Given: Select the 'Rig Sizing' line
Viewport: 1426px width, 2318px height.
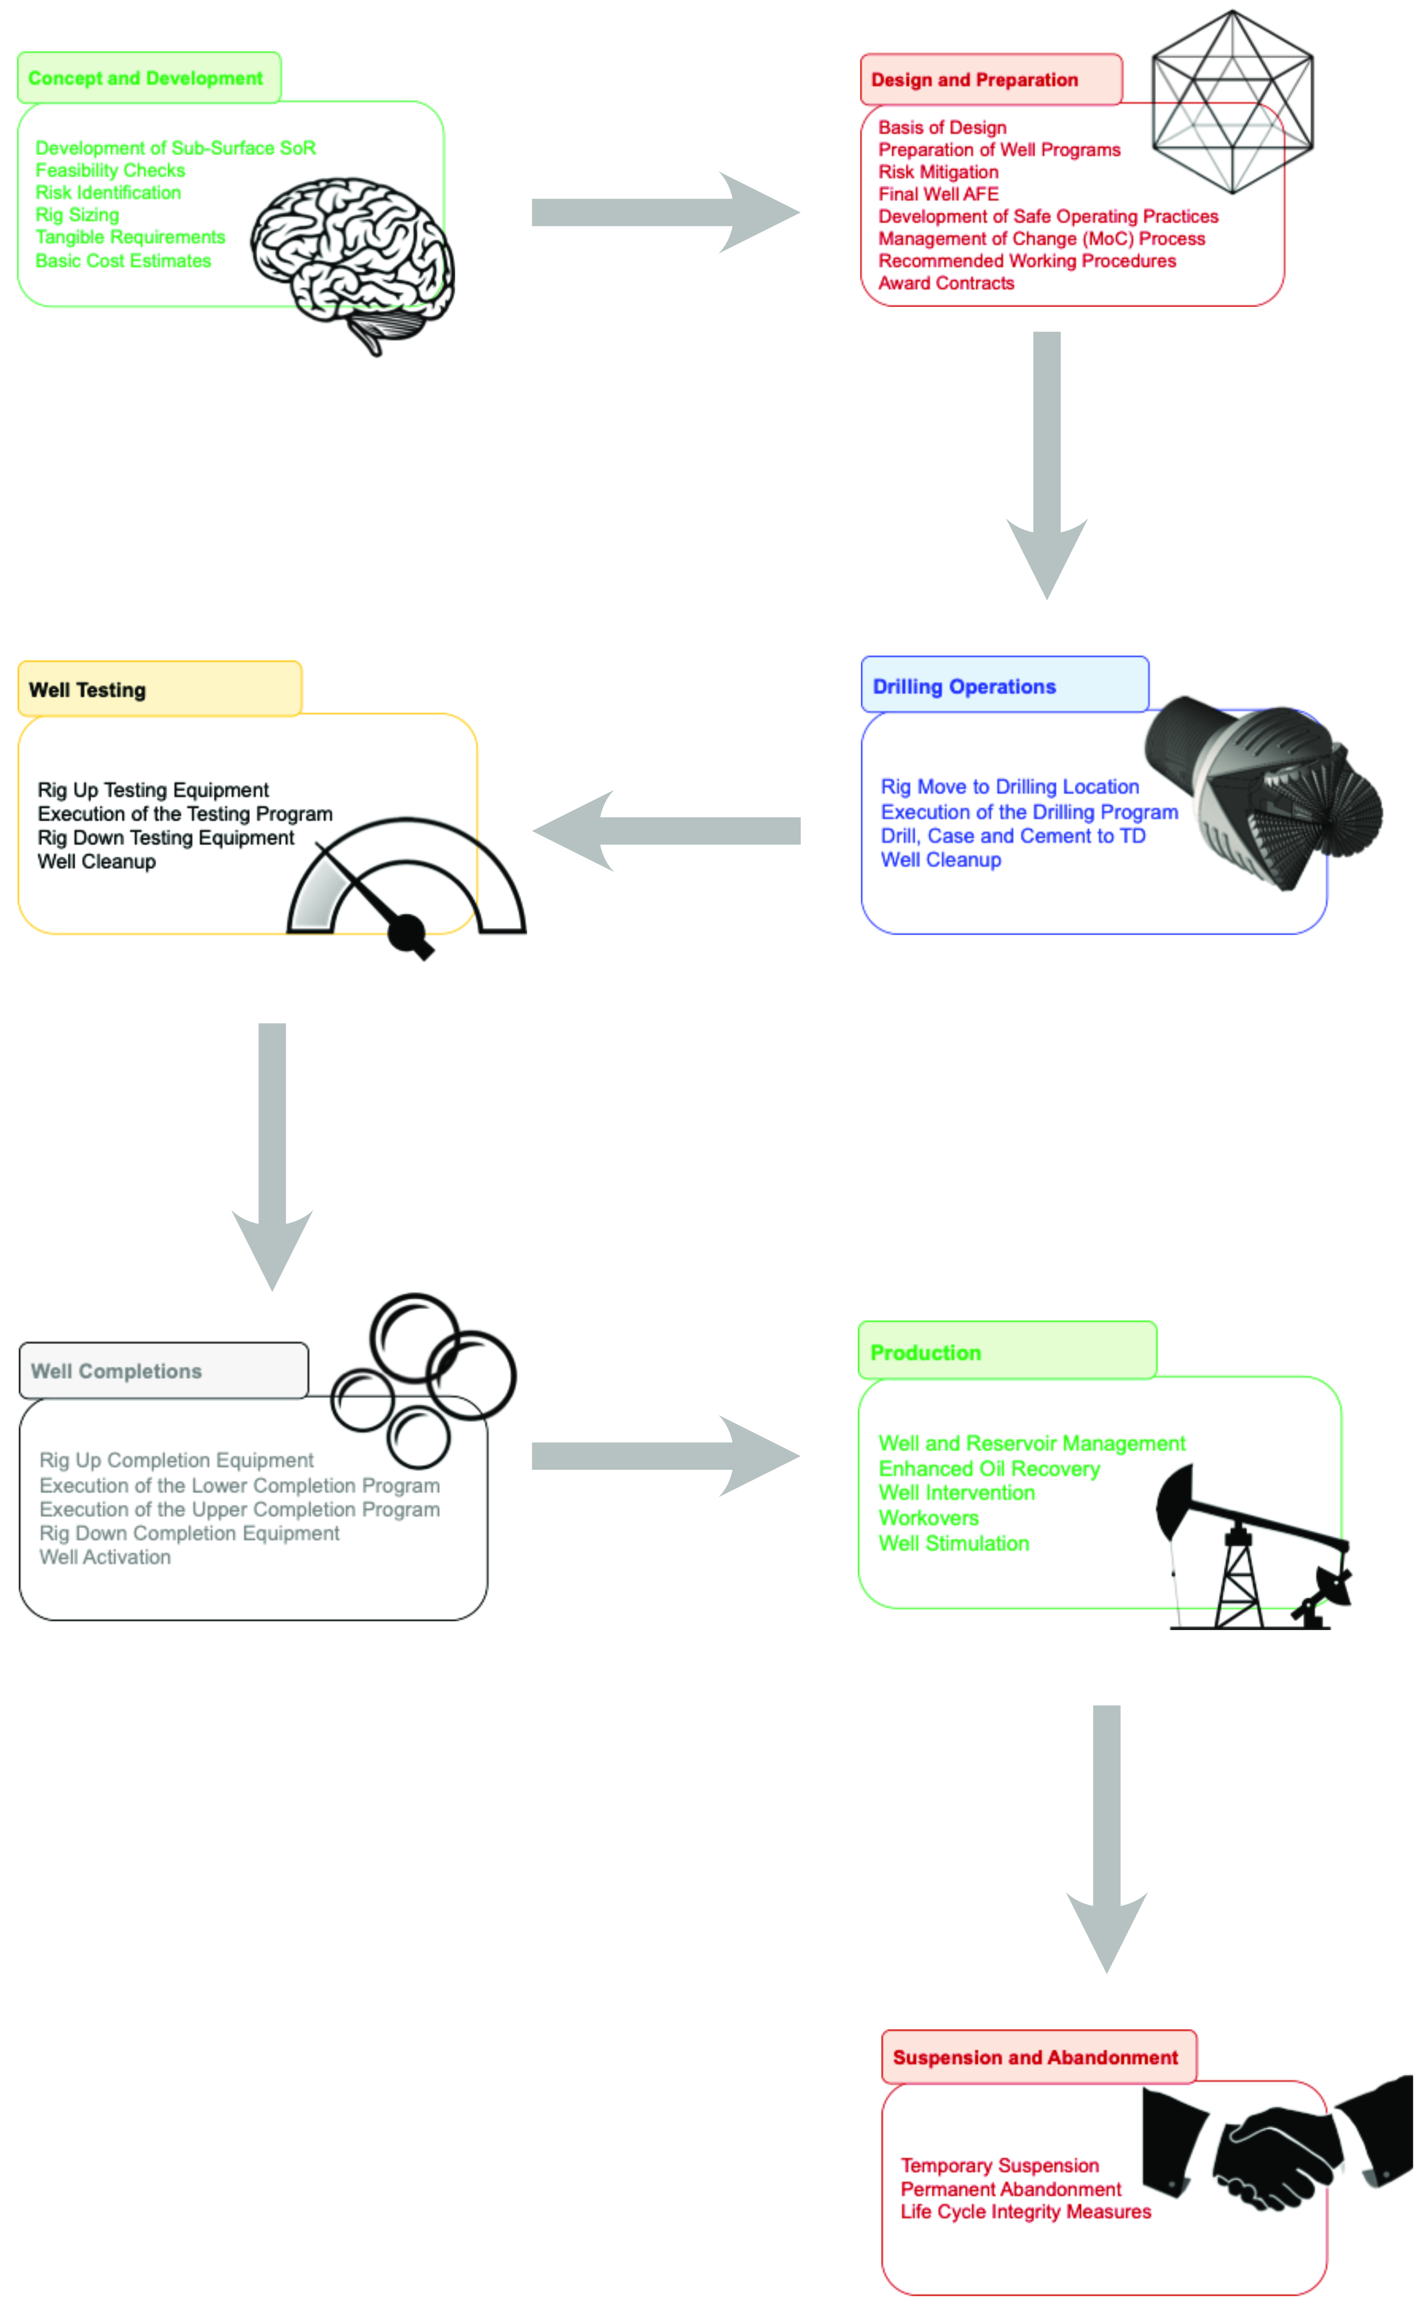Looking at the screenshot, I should pyautogui.click(x=77, y=215).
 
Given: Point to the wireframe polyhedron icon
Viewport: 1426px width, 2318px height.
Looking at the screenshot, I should pyautogui.click(x=1232, y=102).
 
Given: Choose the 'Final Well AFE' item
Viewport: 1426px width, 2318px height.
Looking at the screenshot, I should pyautogui.click(x=938, y=194).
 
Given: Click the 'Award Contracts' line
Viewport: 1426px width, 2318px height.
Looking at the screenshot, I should pyautogui.click(x=946, y=283).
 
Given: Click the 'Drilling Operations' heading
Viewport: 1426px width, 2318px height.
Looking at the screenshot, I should pyautogui.click(x=964, y=686).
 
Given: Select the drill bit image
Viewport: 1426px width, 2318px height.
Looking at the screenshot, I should pyautogui.click(x=1264, y=792).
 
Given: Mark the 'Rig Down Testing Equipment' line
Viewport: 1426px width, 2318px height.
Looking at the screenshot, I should pyautogui.click(x=166, y=838).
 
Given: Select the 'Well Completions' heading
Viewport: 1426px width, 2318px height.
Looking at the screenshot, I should pyautogui.click(x=116, y=1371).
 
